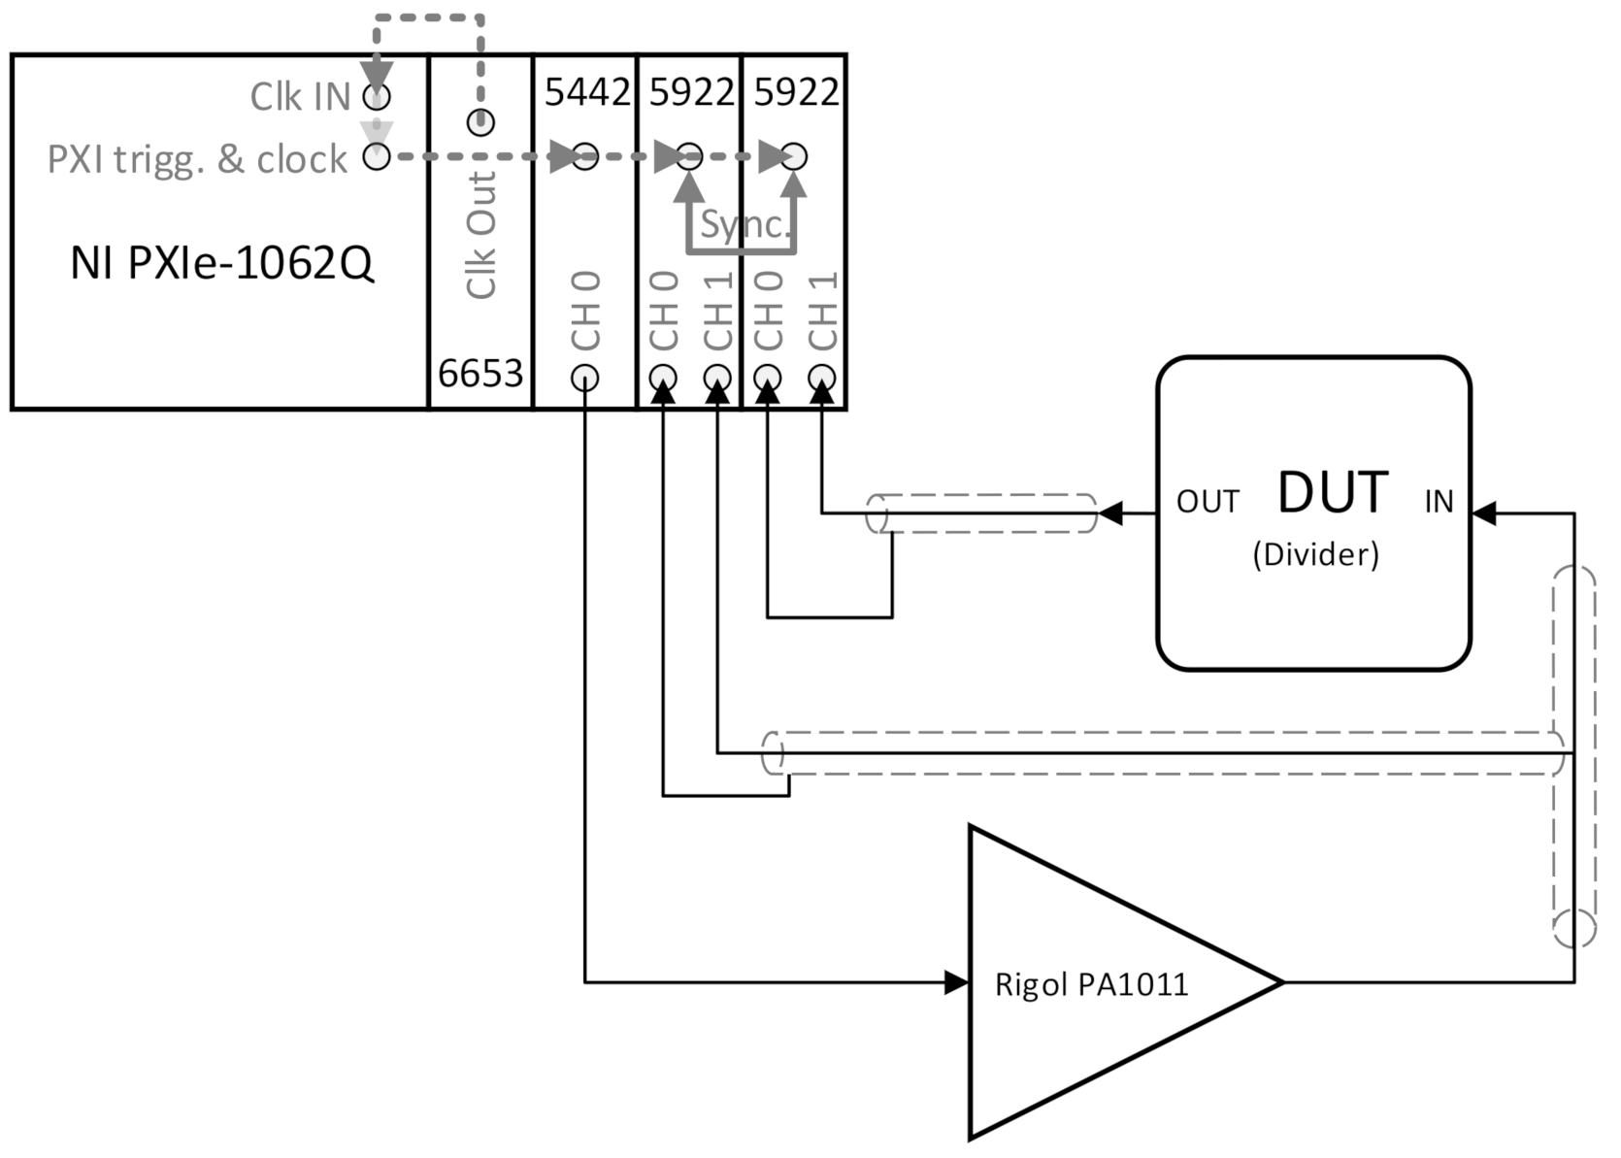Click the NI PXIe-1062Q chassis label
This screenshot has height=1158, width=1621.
[x=221, y=263]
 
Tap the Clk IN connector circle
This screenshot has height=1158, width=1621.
[x=377, y=96]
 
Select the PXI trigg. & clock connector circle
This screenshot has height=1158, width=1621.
[x=377, y=155]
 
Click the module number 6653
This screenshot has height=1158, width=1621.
[x=480, y=373]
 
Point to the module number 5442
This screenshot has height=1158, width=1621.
[x=586, y=92]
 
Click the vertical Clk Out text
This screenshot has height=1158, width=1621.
[x=481, y=235]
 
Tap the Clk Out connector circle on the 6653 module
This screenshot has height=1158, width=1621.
[x=481, y=122]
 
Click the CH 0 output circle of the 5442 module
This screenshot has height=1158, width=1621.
[x=584, y=377]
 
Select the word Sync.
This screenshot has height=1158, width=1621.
[x=744, y=224]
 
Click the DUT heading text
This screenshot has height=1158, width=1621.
[x=1332, y=492]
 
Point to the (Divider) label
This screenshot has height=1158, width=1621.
[x=1315, y=554]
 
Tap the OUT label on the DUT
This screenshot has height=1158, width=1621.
[x=1207, y=502]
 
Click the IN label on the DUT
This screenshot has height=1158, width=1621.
[x=1439, y=502]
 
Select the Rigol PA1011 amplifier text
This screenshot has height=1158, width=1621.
[x=1091, y=984]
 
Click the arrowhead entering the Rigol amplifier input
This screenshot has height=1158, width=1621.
[x=957, y=982]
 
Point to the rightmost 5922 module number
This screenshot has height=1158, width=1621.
[x=796, y=92]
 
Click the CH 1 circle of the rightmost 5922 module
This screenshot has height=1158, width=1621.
[x=822, y=377]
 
